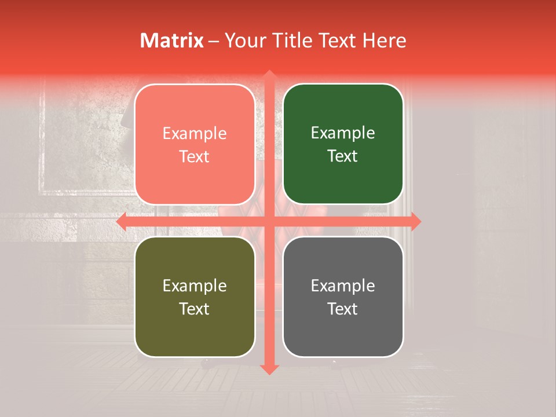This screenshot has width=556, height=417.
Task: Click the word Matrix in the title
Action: pyautogui.click(x=172, y=41)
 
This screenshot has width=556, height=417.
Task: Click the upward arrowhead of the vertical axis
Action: pyautogui.click(x=269, y=76)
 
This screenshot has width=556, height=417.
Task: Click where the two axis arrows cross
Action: pyautogui.click(x=269, y=221)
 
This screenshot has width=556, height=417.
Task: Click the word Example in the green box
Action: pyautogui.click(x=343, y=133)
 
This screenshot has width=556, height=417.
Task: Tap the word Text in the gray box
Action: pyautogui.click(x=343, y=309)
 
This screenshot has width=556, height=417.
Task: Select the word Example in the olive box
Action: pyautogui.click(x=195, y=286)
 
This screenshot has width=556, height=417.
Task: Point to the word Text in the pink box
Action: pyautogui.click(x=195, y=156)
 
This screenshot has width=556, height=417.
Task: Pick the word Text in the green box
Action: pyautogui.click(x=343, y=156)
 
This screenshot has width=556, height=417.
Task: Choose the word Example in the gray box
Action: pyautogui.click(x=343, y=286)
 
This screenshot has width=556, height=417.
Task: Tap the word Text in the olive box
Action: pyautogui.click(x=195, y=309)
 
